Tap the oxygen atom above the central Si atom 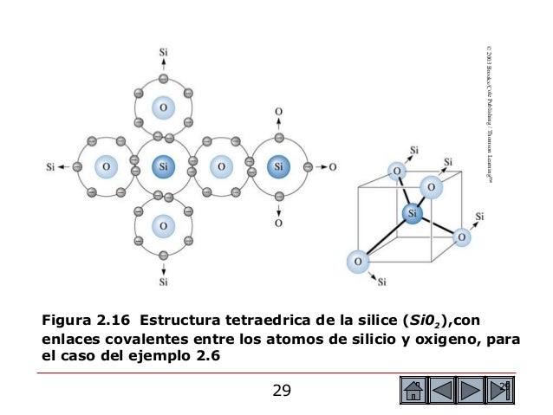coord(161,107)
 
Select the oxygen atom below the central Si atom coord(161,224)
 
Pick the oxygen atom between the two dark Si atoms coord(220,165)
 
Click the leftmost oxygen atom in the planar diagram coord(104,165)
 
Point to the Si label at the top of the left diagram coord(163,51)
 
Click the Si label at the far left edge coord(51,165)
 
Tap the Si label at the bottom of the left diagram coord(163,281)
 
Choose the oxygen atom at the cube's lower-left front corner coord(355,259)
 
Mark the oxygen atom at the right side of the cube coord(463,235)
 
